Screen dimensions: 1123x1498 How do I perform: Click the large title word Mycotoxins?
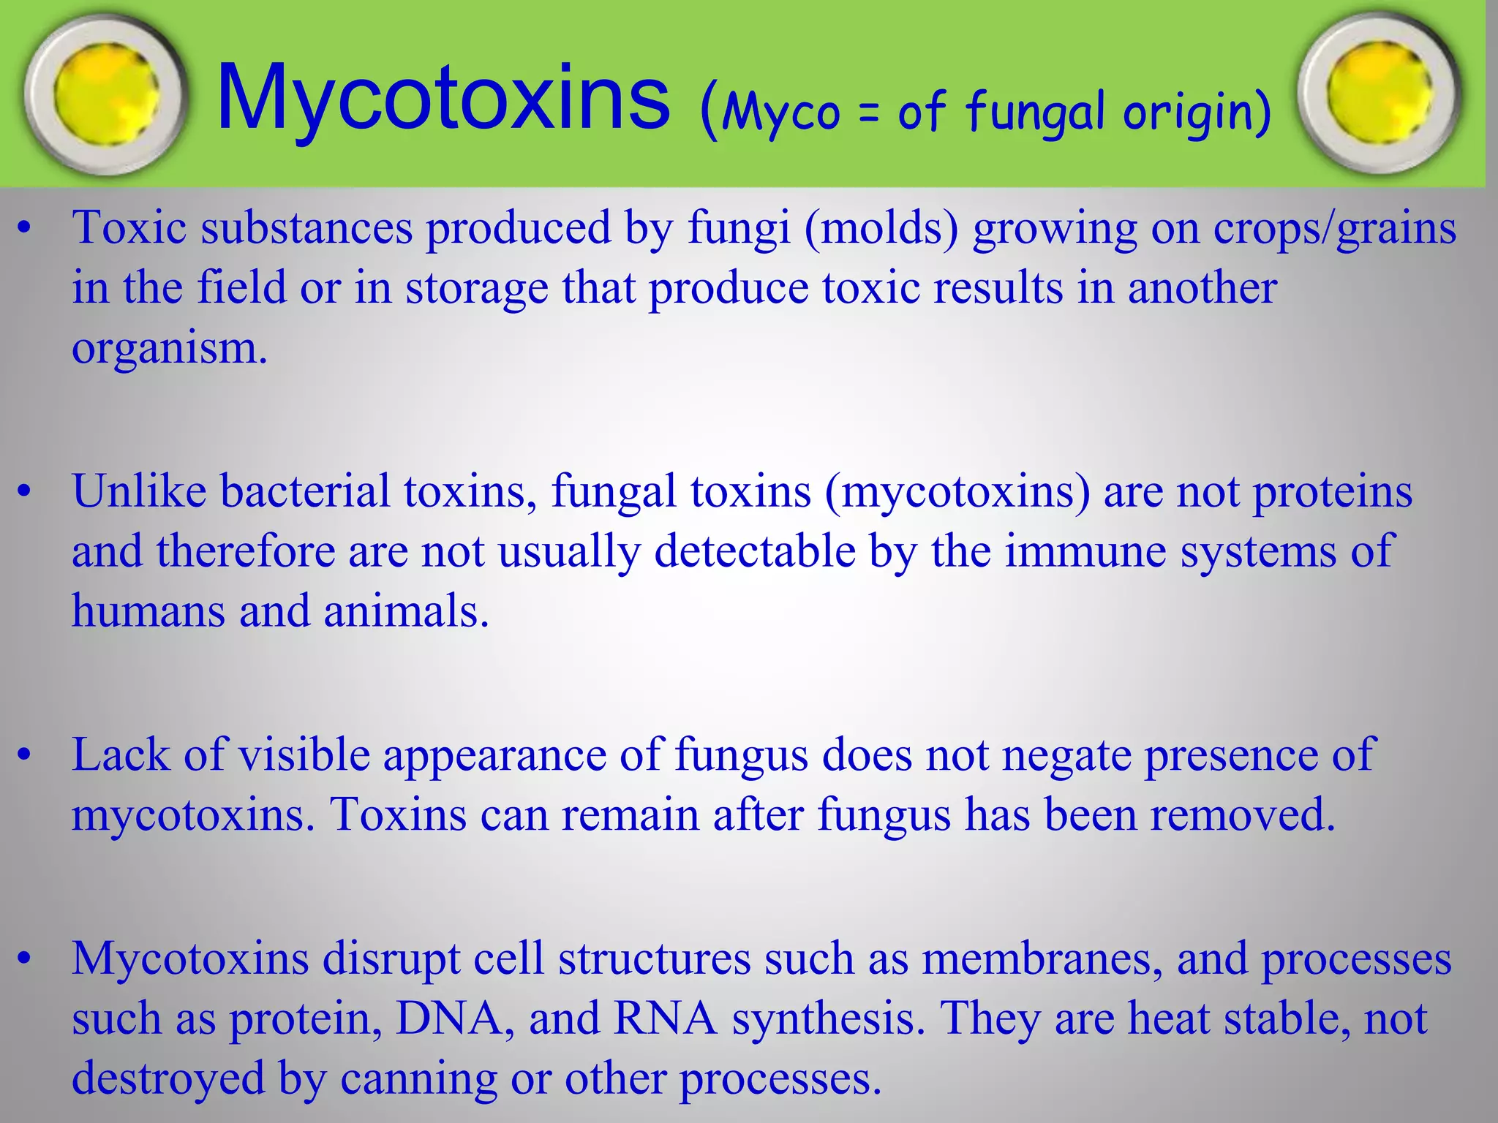coord(443,98)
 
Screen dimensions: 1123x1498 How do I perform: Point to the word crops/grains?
coord(1335,229)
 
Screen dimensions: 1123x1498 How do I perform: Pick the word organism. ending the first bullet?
coord(170,349)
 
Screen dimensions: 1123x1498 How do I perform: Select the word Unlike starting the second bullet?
coord(139,491)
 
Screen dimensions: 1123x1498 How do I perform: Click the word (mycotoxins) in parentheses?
coord(957,492)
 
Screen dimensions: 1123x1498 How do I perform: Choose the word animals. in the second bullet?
coord(406,610)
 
